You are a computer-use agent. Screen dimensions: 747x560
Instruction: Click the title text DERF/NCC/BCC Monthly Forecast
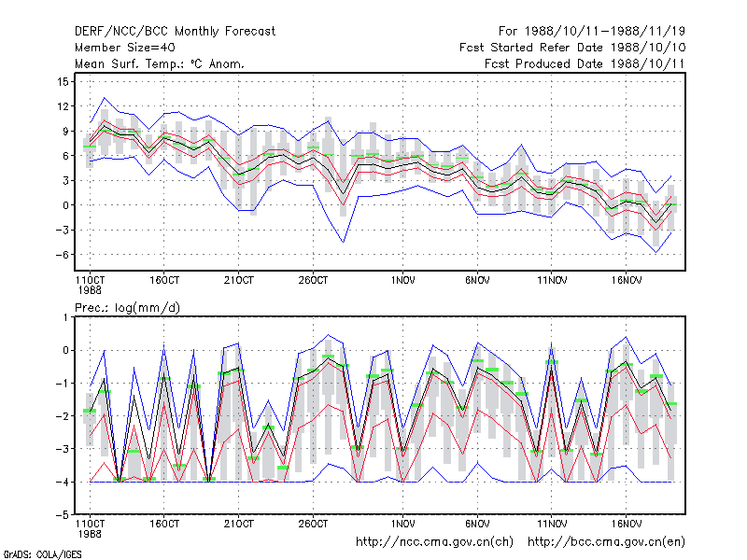[175, 32]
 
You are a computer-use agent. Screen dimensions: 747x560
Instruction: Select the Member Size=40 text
[125, 48]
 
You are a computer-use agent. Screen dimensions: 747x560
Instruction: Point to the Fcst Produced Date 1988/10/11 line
[585, 63]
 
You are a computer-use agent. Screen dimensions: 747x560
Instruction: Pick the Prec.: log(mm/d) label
[127, 308]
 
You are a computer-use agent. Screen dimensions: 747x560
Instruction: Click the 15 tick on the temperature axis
[63, 82]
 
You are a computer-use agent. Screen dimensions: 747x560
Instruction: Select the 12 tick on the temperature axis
[63, 106]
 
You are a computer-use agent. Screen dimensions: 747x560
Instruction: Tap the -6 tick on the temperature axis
[62, 255]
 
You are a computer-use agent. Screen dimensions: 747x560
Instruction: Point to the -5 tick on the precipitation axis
[62, 515]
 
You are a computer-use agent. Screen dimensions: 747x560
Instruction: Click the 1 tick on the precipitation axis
[65, 317]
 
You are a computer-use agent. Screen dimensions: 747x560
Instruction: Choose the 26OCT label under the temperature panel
[313, 281]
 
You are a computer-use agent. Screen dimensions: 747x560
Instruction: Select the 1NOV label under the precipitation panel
[402, 524]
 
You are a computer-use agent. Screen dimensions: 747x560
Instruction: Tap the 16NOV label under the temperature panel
[626, 281]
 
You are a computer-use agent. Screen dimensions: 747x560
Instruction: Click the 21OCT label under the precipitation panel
[239, 524]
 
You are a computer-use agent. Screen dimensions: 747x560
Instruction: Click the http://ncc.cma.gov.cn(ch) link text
[434, 542]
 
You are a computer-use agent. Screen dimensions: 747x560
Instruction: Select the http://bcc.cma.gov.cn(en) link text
[606, 542]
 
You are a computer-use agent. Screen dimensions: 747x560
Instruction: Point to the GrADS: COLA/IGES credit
[42, 554]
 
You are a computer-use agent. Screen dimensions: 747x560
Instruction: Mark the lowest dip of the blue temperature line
[656, 252]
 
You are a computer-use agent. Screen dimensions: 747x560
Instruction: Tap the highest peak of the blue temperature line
[105, 98]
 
